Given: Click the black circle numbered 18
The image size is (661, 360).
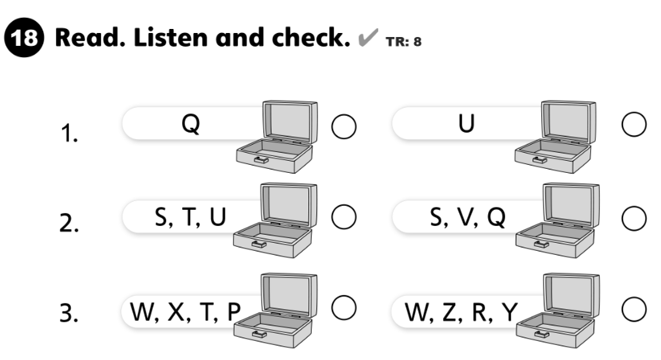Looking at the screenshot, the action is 24,38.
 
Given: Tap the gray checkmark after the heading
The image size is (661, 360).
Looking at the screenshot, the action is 368,37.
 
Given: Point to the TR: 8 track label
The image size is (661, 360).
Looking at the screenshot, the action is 403,42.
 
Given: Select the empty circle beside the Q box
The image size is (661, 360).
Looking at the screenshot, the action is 344,127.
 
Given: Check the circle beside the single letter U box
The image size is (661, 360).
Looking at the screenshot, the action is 634,125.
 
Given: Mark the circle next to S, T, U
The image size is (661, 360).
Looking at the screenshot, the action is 344,217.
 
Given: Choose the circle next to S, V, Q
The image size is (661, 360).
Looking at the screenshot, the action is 634,219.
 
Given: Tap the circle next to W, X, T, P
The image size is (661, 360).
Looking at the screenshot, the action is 344,308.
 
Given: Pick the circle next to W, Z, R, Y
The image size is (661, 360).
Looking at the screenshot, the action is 634,309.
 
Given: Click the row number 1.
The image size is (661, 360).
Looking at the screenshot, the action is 69,133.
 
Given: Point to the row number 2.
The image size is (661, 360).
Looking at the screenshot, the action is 69,223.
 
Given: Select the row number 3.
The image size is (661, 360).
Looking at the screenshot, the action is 69,313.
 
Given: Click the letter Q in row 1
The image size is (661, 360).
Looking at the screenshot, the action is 190,125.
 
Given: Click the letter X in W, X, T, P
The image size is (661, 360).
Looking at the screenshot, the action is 177,313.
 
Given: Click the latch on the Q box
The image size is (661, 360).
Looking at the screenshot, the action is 261,159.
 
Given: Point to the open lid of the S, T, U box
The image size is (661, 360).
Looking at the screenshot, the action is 289,204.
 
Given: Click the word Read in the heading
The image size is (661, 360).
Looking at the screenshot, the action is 90,38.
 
